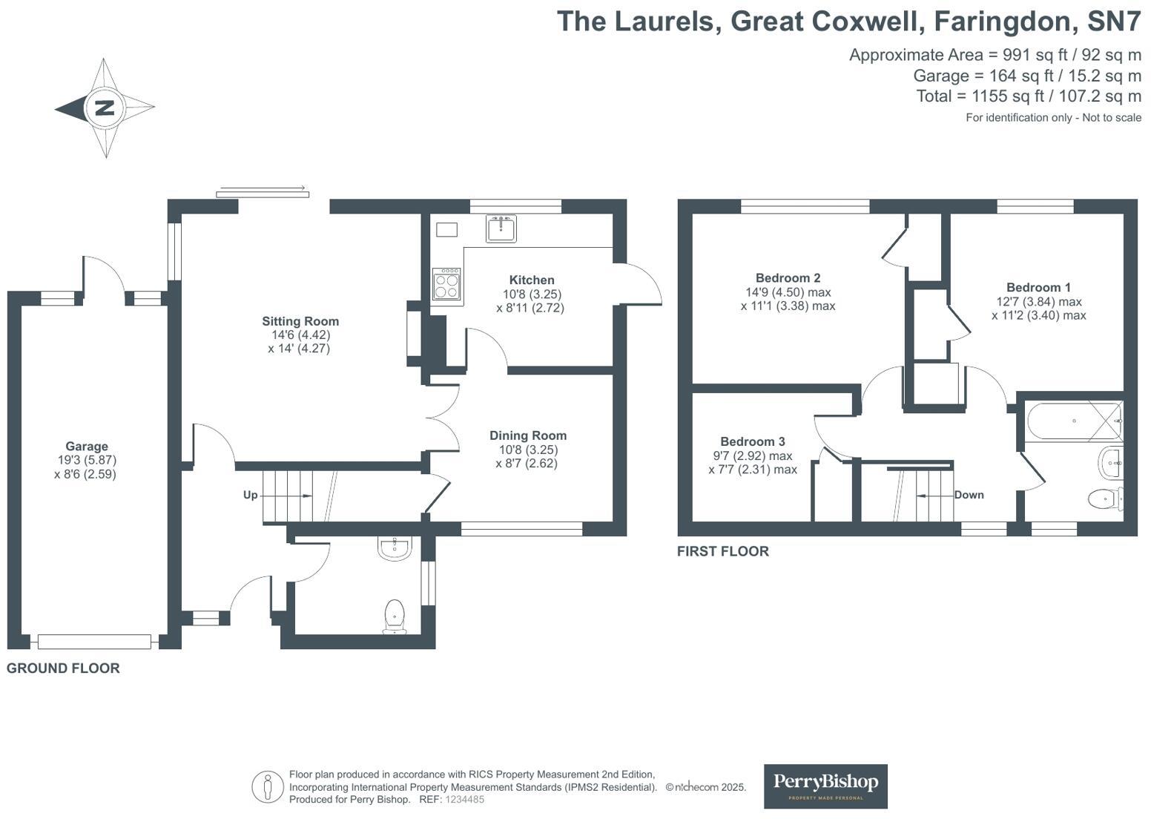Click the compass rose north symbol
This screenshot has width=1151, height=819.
coord(105,108)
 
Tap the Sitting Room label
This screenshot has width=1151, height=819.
coord(300,321)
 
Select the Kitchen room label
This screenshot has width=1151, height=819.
coord(532,280)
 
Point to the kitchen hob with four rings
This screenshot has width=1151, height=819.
coord(446,283)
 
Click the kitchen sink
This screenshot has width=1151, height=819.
coord(501,228)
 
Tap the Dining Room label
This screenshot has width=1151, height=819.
coord(528,435)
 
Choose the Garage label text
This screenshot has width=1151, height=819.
coord(86,447)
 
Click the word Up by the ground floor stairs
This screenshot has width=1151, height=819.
coord(250,495)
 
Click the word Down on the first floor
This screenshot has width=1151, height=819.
coord(969,495)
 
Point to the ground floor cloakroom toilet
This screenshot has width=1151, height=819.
coord(395,616)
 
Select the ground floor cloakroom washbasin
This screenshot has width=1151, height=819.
coord(394,547)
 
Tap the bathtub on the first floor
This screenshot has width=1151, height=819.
coord(1074,421)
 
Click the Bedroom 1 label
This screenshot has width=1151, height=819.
coord(1038,287)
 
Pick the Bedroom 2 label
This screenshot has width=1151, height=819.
coord(788,278)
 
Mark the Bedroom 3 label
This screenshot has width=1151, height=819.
coord(752,441)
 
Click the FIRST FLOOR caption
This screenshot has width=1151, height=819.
coord(722,551)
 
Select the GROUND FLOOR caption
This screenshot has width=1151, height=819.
coord(63,668)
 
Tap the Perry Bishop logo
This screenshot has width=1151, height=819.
coord(825,786)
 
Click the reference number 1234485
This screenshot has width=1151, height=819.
coord(464,800)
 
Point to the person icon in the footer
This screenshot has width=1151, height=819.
coord(267,787)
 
